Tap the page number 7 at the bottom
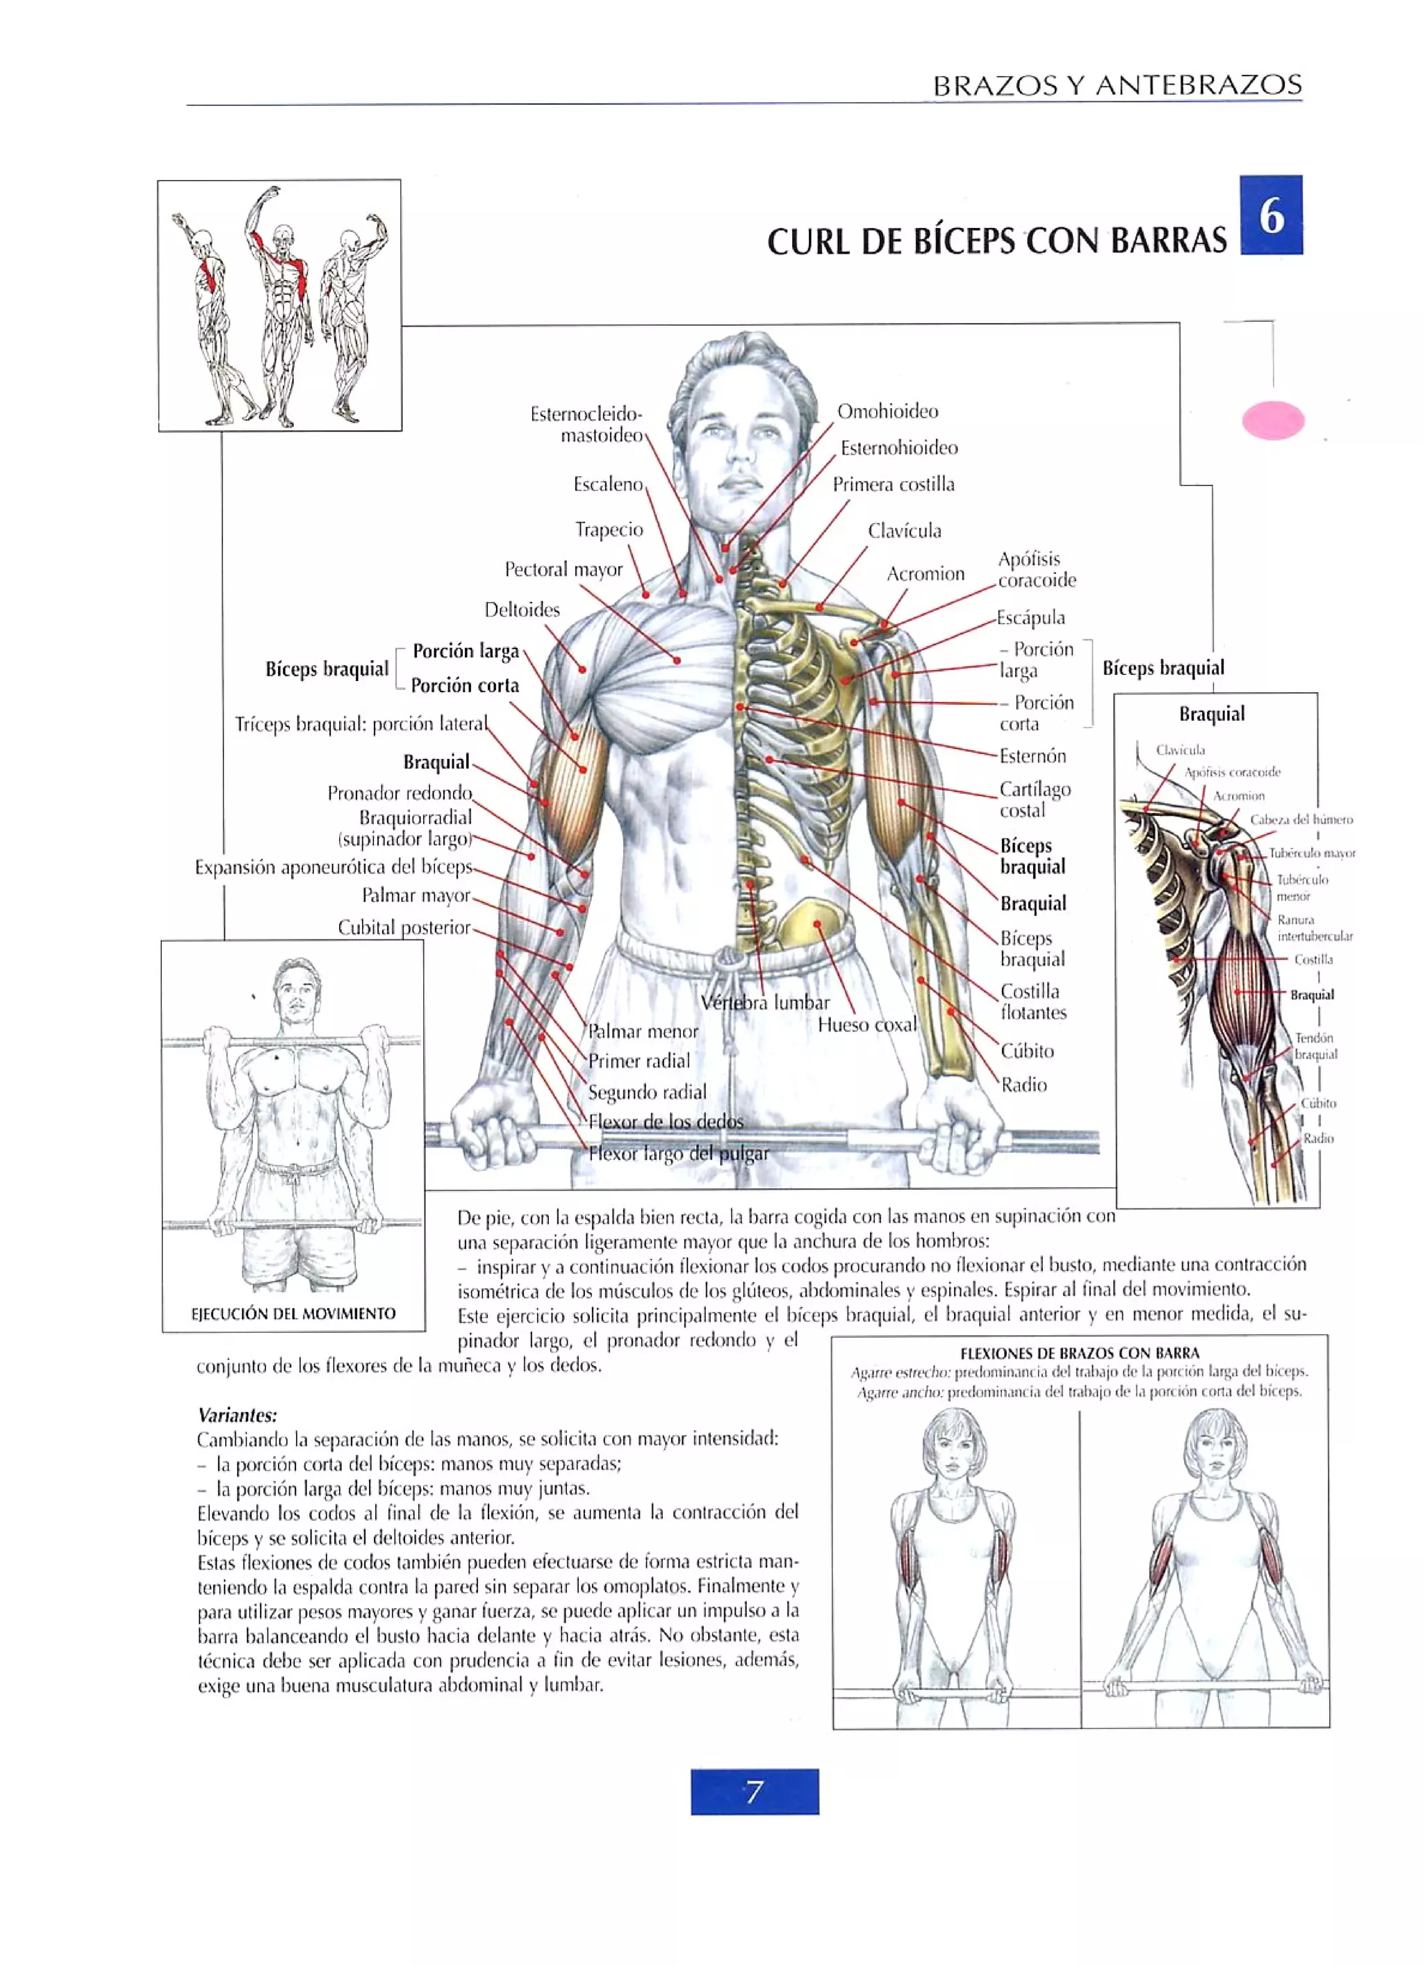(754, 1791)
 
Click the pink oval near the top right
(1272, 420)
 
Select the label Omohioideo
(887, 411)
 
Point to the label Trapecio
(609, 529)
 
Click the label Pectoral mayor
(564, 568)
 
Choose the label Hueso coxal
(866, 1024)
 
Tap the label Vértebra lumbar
(764, 1002)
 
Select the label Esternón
(1032, 755)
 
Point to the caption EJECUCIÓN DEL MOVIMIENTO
(293, 1313)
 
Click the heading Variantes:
(237, 1415)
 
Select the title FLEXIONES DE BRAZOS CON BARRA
(1079, 1352)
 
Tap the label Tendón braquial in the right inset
(1315, 1045)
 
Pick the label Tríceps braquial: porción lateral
(361, 723)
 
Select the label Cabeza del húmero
(1300, 819)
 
